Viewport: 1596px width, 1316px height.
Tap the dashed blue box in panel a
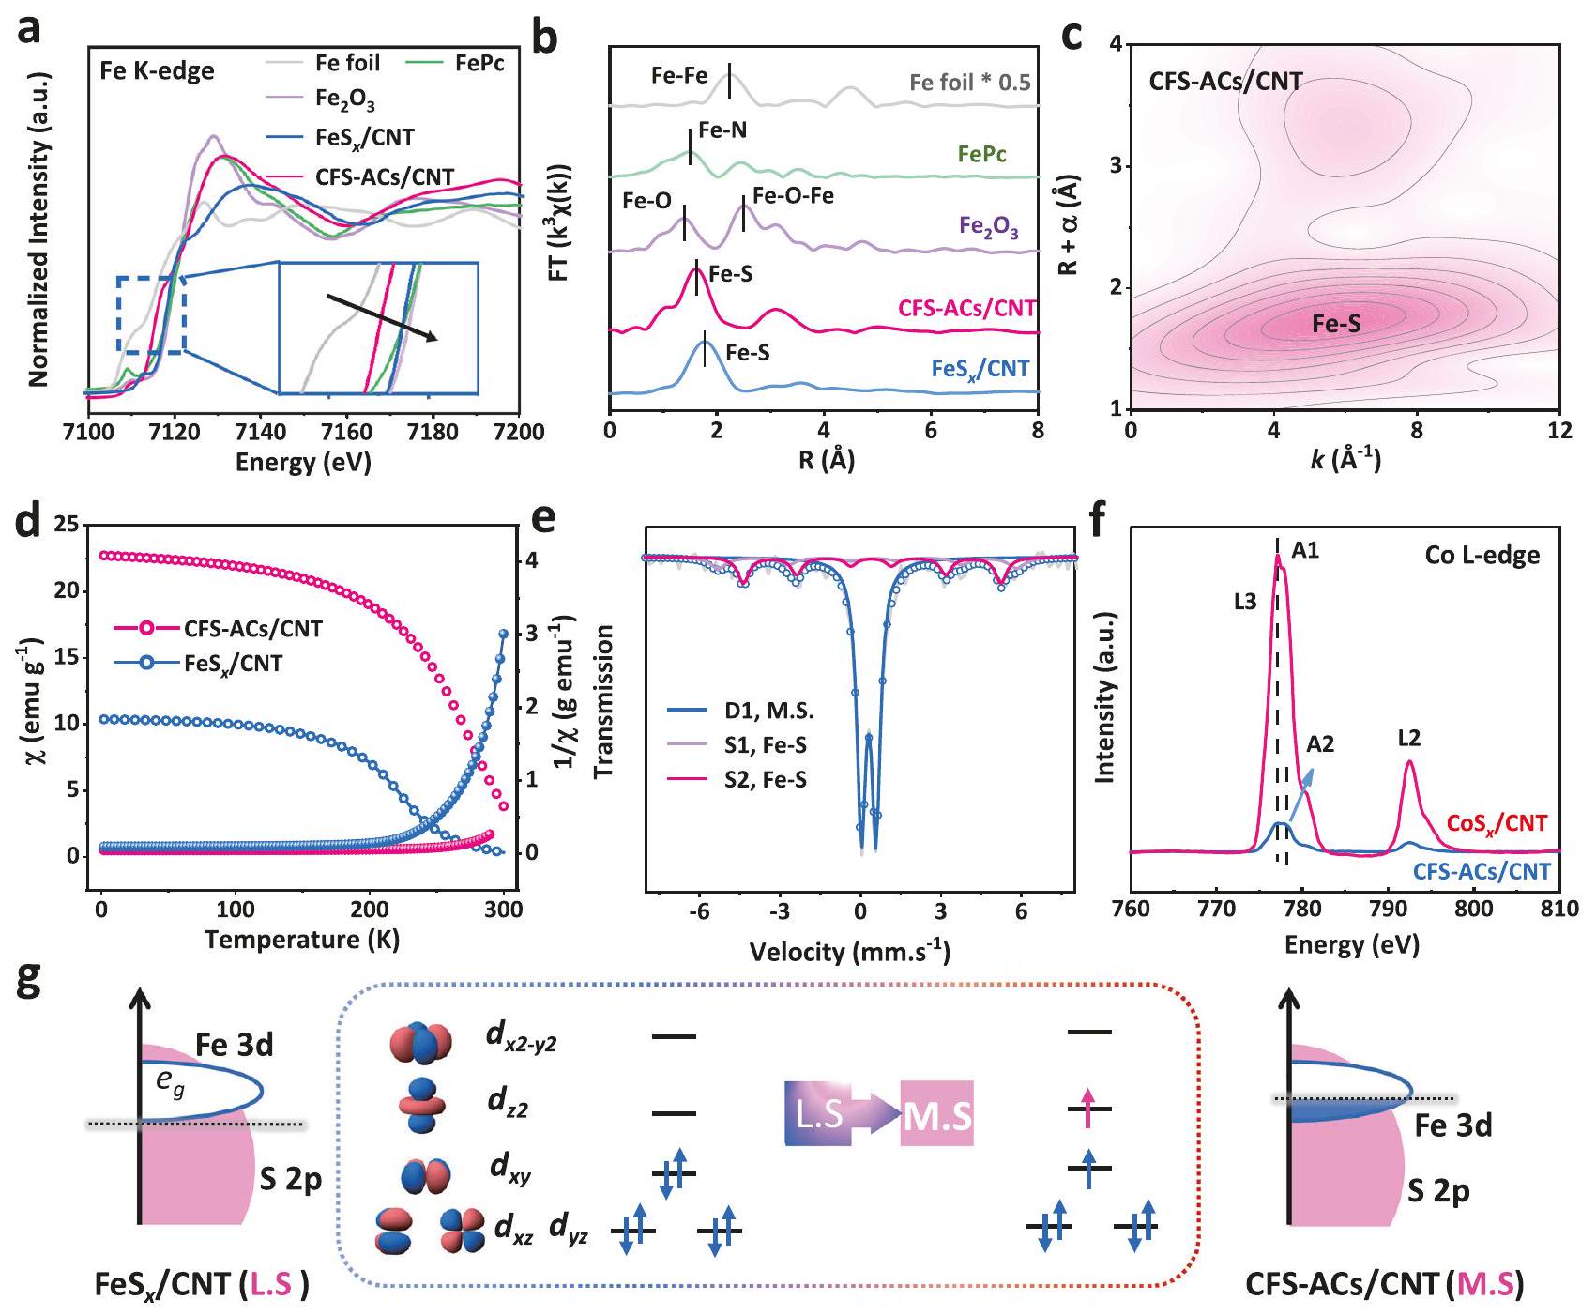pyautogui.click(x=151, y=314)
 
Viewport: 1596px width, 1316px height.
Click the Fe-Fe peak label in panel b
pyautogui.click(x=679, y=75)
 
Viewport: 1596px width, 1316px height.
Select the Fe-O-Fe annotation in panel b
pyautogui.click(x=793, y=196)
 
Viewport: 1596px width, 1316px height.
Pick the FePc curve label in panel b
pyautogui.click(x=981, y=154)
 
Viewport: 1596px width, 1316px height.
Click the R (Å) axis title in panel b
pyautogui.click(x=824, y=459)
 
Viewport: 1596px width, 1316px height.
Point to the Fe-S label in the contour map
pyautogui.click(x=1336, y=325)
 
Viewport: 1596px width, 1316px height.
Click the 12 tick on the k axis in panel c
pyautogui.click(x=1558, y=430)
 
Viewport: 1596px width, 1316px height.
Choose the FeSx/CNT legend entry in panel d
pyautogui.click(x=234, y=664)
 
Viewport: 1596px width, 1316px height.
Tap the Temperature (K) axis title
pyautogui.click(x=301, y=940)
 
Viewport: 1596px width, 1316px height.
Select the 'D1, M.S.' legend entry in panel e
pyautogui.click(x=768, y=711)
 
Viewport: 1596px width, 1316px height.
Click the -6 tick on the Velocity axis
pyautogui.click(x=698, y=910)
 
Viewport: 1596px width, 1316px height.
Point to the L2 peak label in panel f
pyautogui.click(x=1408, y=739)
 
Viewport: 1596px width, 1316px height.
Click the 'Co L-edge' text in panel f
pyautogui.click(x=1482, y=556)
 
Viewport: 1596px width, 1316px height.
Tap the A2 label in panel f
pyautogui.click(x=1320, y=744)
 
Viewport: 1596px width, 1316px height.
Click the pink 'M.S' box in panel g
pyautogui.click(x=936, y=1114)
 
